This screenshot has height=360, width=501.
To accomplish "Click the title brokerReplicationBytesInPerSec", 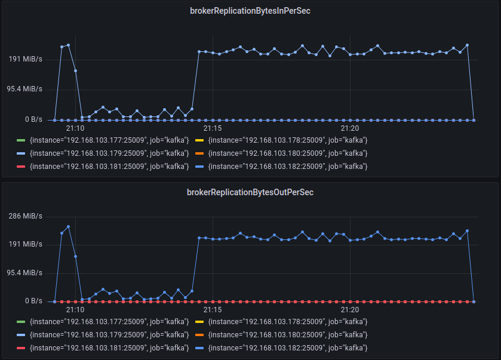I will [250, 11].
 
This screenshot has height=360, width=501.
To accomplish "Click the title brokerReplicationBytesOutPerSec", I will [250, 192].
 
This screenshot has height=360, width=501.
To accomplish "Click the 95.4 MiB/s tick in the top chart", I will [25, 89].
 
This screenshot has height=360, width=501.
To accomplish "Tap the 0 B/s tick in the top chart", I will [33, 119].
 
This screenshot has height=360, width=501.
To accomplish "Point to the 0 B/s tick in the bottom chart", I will [33, 301].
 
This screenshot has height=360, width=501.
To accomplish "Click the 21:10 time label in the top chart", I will [75, 128].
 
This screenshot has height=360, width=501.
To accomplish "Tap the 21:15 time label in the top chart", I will [213, 128].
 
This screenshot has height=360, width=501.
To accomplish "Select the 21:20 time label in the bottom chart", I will [350, 310].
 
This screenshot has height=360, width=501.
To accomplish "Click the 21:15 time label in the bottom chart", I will [213, 310].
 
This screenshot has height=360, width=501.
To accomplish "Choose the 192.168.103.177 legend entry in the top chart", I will [109, 140].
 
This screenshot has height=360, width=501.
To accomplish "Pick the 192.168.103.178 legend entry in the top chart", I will [288, 140].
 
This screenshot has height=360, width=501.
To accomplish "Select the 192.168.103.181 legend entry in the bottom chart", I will [109, 348].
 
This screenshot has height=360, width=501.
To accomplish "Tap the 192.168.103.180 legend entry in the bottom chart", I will [288, 335].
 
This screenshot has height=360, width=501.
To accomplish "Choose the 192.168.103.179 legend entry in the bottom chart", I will [109, 335].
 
